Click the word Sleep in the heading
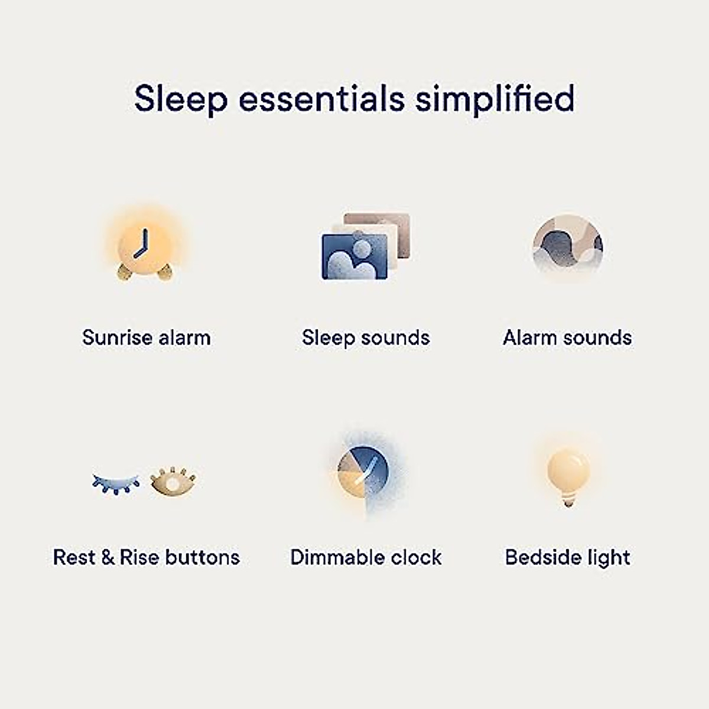coord(180,99)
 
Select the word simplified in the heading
coord(494,99)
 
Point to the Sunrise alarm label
coord(146,338)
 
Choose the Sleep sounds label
coord(366,338)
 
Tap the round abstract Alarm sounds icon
coord(567,245)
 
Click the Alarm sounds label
coord(567,338)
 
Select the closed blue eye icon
coord(116,483)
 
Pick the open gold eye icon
coord(173,482)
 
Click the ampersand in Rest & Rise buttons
coord(108,557)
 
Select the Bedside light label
coord(567,557)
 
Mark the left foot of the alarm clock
coord(125,272)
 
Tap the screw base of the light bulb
coord(568,502)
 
